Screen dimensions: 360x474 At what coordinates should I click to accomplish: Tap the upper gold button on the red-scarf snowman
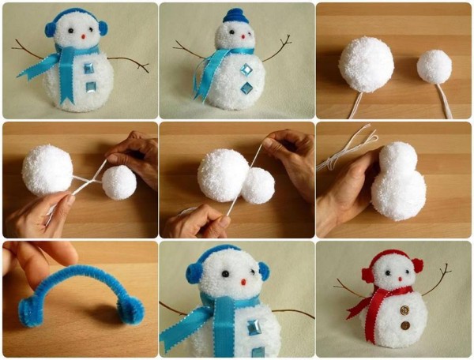pyautogui.click(x=404, y=309)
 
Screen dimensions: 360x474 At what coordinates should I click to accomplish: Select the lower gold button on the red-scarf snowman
pyautogui.click(x=404, y=324)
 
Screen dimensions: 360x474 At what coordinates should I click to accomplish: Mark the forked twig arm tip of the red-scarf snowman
pyautogui.click(x=446, y=271)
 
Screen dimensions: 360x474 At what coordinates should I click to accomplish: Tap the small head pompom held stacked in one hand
pyautogui.click(x=399, y=157)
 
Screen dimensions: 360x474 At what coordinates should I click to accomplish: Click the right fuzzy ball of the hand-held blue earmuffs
pyautogui.click(x=130, y=310)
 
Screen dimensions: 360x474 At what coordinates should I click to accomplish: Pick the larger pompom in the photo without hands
pyautogui.click(x=366, y=65)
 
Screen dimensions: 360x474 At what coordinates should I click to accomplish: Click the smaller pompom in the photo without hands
pyautogui.click(x=434, y=67)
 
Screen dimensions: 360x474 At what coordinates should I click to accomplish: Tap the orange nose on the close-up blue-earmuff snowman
pyautogui.click(x=243, y=281)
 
